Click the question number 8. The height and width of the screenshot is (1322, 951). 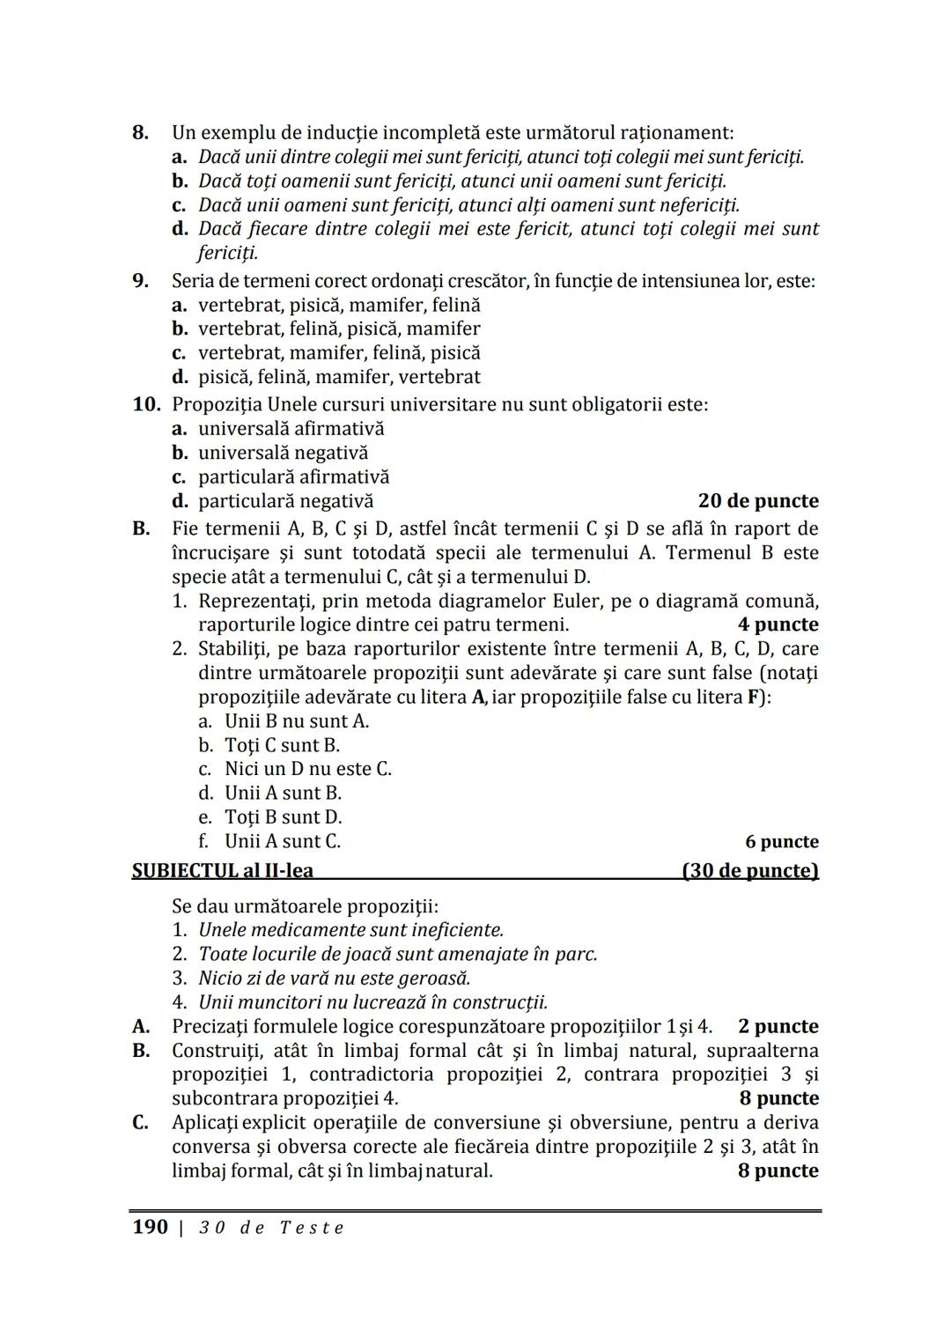point(139,133)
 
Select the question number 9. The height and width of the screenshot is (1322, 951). point(139,282)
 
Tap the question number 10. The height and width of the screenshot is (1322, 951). point(146,405)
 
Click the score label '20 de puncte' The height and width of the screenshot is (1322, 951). point(757,501)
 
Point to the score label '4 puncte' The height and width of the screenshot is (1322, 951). point(778,624)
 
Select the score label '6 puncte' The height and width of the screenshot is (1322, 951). point(781,842)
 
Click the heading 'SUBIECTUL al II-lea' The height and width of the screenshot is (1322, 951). point(223,871)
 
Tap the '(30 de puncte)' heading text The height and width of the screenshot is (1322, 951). point(750,871)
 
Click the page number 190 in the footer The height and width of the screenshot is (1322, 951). point(150,1227)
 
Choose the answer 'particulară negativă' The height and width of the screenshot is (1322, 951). point(285,501)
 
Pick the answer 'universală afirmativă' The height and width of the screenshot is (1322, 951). point(291,429)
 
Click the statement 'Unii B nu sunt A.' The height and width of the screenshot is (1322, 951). point(297,721)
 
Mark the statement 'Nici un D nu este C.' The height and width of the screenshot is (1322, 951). point(307,769)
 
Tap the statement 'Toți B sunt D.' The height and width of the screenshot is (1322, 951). point(283,817)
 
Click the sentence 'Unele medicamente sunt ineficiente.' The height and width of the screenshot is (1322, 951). point(350,930)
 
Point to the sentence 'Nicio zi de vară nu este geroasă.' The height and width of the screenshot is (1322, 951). point(334,979)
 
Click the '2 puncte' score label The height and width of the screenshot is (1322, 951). point(778,1027)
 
